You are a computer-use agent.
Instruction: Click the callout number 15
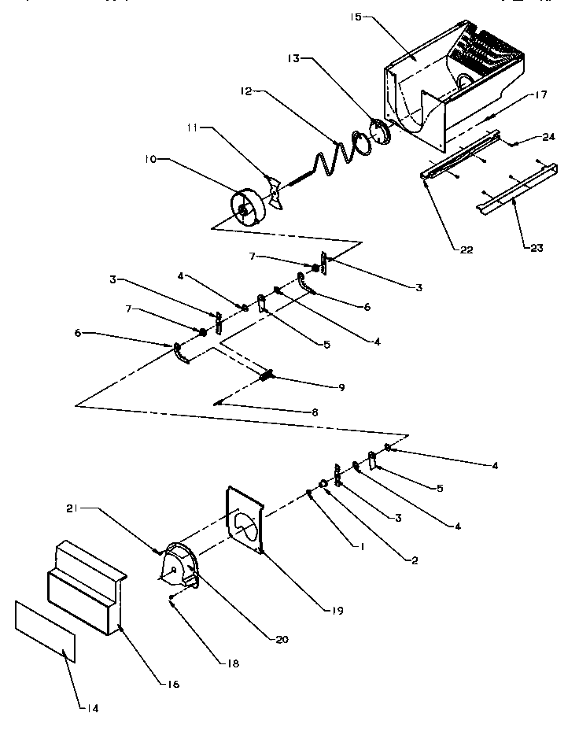point(356,17)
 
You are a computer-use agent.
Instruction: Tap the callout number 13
point(293,59)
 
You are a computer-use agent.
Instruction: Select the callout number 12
point(246,91)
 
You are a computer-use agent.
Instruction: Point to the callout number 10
point(150,159)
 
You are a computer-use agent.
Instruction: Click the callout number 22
point(466,249)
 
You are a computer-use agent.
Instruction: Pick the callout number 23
point(537,248)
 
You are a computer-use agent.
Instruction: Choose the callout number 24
point(549,137)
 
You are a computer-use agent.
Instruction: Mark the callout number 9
point(341,387)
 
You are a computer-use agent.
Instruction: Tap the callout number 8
point(315,412)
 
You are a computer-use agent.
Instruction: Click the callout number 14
point(93,708)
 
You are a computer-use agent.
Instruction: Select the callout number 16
point(173,685)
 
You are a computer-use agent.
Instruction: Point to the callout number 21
point(72,509)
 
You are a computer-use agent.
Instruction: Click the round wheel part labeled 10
point(249,207)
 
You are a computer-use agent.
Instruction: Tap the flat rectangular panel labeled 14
point(45,631)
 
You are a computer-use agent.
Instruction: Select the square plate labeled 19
point(245,519)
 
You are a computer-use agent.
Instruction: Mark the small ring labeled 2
point(324,483)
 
